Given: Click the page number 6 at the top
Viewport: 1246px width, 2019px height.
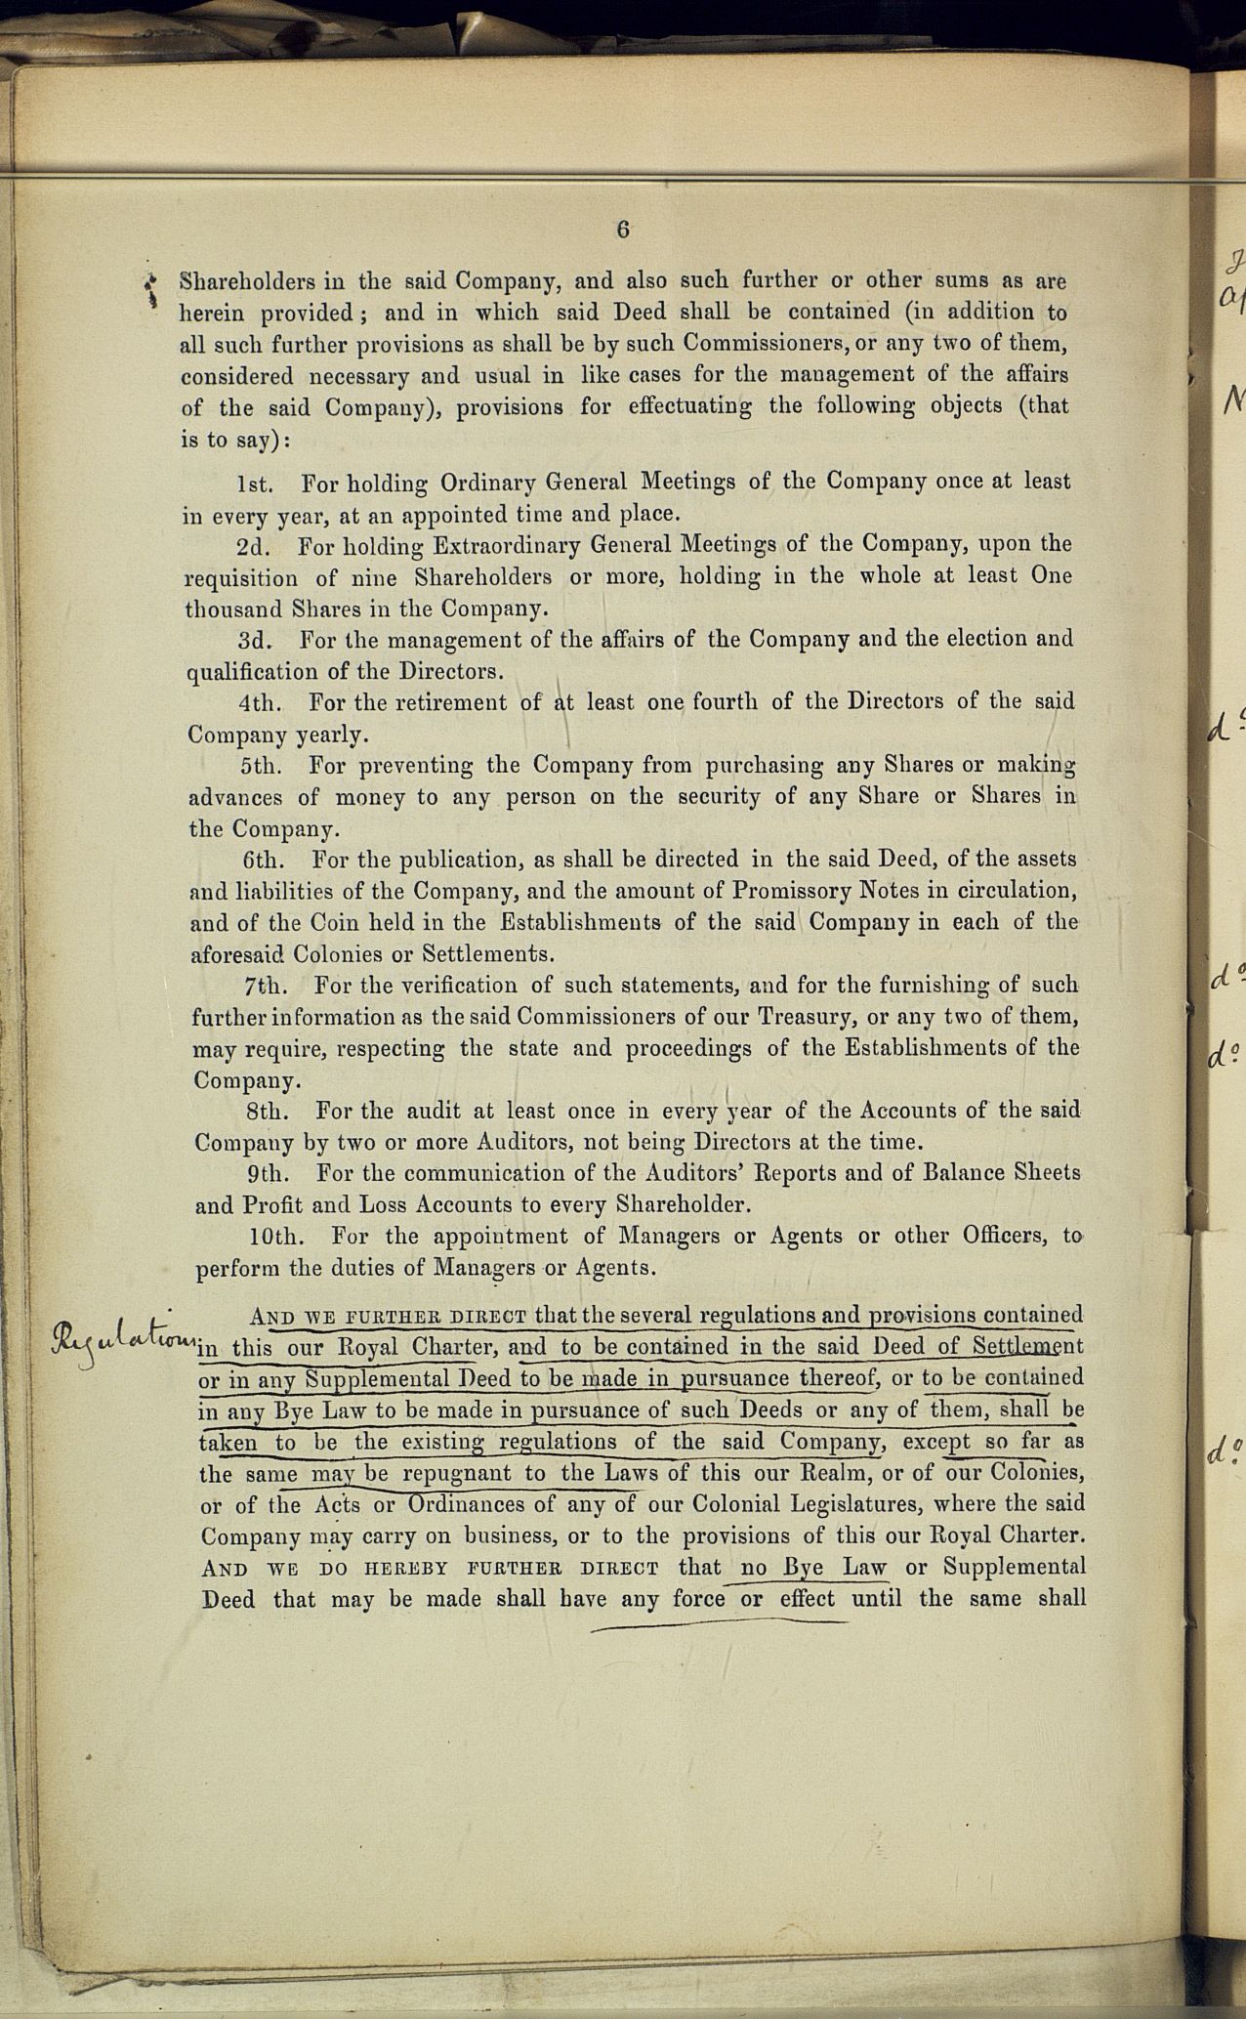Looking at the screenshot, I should pos(623,230).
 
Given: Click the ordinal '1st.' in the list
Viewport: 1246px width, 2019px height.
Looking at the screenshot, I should pos(255,484).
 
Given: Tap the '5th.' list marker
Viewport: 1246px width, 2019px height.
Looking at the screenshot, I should pos(261,766).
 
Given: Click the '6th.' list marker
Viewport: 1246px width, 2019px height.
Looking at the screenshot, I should pos(264,861).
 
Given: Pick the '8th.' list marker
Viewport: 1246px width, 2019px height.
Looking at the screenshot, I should pos(267,1112).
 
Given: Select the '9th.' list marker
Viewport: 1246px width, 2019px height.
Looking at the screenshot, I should pos(268,1173).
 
